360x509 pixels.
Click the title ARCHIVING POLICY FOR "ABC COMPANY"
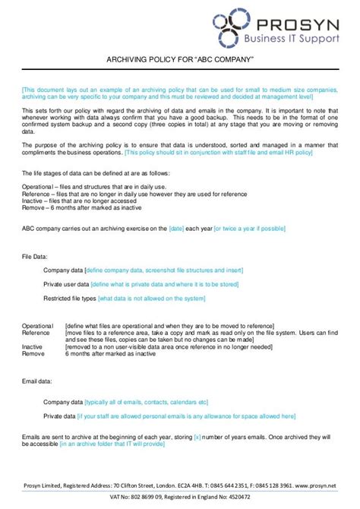pyautogui.click(x=179, y=59)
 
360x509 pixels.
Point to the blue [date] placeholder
pyautogui.click(x=177, y=227)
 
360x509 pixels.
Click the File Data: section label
pyautogui.click(x=37, y=256)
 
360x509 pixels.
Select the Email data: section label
pyautogui.click(x=37, y=381)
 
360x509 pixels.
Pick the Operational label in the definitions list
pyautogui.click(x=37, y=326)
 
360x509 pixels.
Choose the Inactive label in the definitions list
pyautogui.click(x=33, y=346)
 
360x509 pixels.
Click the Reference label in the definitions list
pyautogui.click(x=36, y=333)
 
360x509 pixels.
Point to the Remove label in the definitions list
pyautogui.click(x=33, y=353)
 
